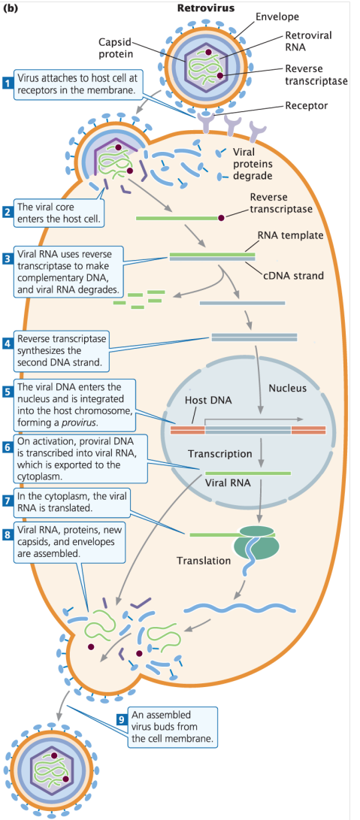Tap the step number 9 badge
[121, 718]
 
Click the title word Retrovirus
[205, 8]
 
